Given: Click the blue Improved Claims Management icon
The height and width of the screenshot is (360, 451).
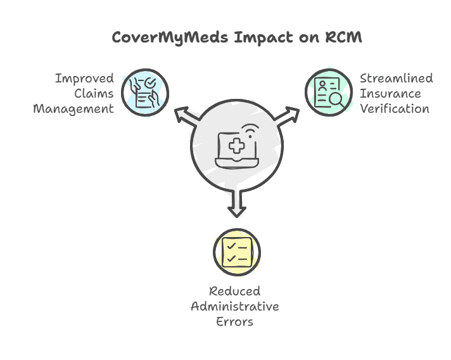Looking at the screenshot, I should tap(145, 93).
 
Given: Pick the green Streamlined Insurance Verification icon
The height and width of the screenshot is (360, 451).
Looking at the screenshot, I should tap(329, 93).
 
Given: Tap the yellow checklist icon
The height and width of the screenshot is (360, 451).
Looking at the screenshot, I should tap(237, 252).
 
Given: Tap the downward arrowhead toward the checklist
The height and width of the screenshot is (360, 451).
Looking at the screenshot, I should tap(237, 209).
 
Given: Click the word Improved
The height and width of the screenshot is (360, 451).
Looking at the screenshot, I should tap(84, 79).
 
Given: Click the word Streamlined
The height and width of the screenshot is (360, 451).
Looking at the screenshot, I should tap(397, 79).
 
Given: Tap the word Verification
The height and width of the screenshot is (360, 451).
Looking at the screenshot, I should tap(394, 108).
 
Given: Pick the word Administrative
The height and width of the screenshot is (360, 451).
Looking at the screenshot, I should tap(235, 306).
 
